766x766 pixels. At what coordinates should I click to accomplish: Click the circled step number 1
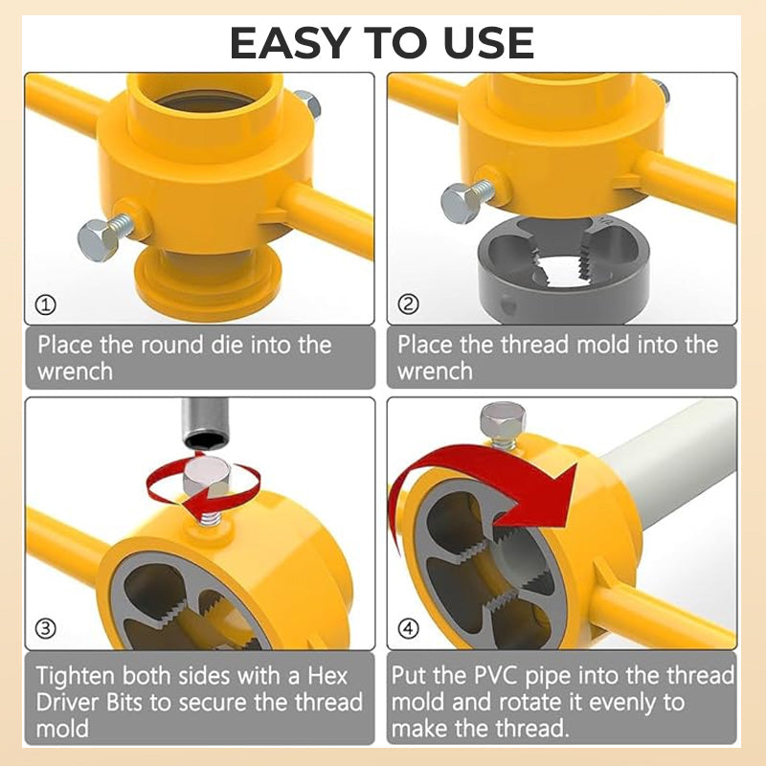[45, 304]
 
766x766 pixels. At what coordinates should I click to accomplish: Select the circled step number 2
[409, 304]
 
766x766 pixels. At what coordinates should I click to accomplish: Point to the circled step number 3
[45, 628]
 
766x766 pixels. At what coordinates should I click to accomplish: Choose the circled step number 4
[409, 628]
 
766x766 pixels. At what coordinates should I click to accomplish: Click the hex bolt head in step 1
[97, 240]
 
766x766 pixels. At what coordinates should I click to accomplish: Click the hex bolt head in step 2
[461, 203]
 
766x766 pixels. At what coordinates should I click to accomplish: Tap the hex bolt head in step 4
[503, 420]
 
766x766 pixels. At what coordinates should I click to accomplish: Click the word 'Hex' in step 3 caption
[327, 676]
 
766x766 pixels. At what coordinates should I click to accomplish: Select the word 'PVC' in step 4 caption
[495, 676]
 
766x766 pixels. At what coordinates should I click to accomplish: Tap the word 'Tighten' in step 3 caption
[76, 677]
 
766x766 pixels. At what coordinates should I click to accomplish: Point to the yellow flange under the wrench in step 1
[208, 283]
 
